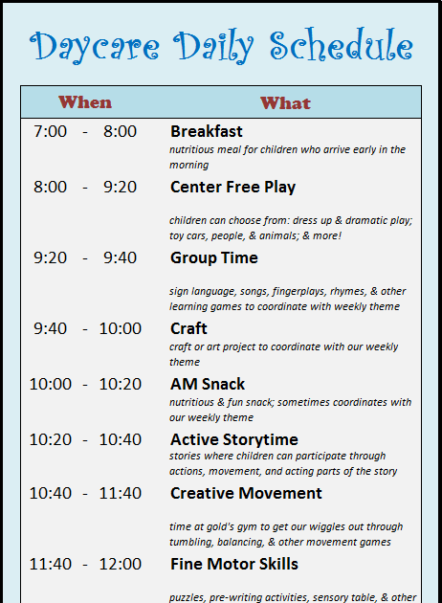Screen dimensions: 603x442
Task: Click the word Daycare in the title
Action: click(x=96, y=45)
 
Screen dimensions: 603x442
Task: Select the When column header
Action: click(x=85, y=102)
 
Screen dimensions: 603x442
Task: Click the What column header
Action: click(x=285, y=102)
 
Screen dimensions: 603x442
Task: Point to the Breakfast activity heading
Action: click(x=207, y=131)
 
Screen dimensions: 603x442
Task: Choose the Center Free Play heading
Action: click(x=232, y=187)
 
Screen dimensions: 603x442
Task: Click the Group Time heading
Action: click(x=213, y=257)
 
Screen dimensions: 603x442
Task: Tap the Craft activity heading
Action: click(x=189, y=328)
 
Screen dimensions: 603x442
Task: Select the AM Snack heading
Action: click(x=208, y=384)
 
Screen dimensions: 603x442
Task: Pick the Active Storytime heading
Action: click(x=234, y=439)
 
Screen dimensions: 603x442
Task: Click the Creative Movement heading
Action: click(x=246, y=493)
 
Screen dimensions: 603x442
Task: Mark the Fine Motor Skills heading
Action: click(x=234, y=564)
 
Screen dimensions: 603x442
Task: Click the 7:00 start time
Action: click(x=50, y=131)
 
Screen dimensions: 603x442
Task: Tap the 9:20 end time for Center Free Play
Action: click(x=120, y=187)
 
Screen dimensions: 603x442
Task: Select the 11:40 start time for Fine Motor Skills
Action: click(x=50, y=564)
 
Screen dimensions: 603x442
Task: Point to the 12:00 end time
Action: click(x=120, y=564)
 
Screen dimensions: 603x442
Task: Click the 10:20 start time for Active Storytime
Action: click(x=50, y=439)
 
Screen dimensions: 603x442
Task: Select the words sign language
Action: click(x=203, y=291)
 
